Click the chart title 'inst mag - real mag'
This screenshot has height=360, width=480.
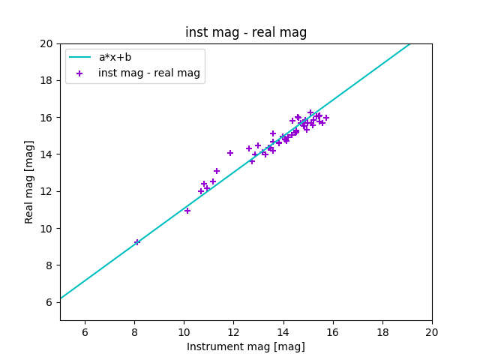[x=246, y=33]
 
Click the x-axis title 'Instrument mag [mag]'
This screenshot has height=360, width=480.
[x=246, y=346]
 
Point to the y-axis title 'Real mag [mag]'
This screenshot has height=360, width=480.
[x=30, y=181]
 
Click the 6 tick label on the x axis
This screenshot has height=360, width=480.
[x=85, y=332]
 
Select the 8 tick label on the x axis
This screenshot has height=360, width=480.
[x=134, y=332]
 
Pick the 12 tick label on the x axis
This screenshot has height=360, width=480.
[x=233, y=332]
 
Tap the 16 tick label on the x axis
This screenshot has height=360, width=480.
[x=333, y=332]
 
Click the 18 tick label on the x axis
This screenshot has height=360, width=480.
[x=382, y=332]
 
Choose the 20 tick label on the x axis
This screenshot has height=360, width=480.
[x=432, y=332]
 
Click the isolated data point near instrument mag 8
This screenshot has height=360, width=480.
[x=137, y=242]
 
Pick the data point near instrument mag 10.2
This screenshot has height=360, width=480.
[x=187, y=211]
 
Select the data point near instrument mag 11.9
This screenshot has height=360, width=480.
[x=230, y=153]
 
